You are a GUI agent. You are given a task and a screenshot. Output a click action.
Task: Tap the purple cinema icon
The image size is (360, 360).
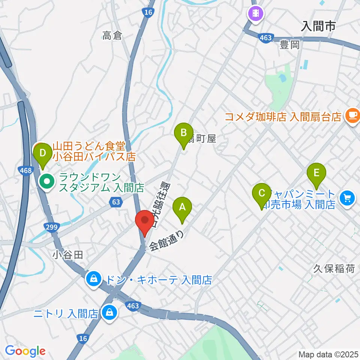(x=256, y=14)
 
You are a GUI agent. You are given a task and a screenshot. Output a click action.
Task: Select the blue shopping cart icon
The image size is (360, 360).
(x=347, y=198)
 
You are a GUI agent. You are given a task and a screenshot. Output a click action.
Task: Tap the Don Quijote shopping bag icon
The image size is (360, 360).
(x=93, y=279)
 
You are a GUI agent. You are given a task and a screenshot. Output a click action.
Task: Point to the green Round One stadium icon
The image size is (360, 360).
(x=47, y=182)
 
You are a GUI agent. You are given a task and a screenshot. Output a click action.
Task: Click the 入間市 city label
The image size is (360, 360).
(x=318, y=26)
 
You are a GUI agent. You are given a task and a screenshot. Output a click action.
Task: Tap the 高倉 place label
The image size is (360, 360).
(x=112, y=36)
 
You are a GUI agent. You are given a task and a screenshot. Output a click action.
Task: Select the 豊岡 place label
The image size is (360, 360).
(x=290, y=45)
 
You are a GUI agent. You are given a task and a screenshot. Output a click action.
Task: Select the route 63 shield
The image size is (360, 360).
(x=116, y=202)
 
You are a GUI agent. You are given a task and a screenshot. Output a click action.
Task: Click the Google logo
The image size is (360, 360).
(x=25, y=351)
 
